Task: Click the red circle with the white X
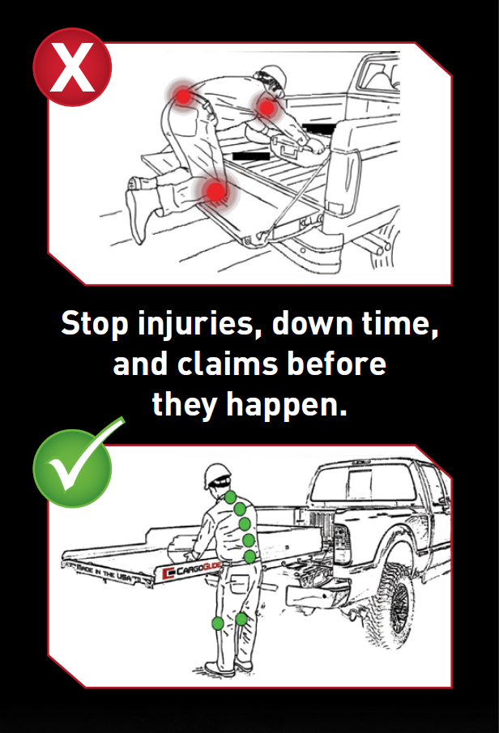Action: click(72, 67)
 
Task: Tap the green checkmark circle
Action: click(72, 468)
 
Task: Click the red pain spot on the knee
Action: click(215, 190)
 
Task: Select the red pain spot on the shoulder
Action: click(267, 108)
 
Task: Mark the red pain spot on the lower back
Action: click(184, 96)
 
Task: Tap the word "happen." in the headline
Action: click(287, 405)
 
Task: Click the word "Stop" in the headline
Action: click(95, 323)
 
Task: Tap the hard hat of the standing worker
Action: click(216, 475)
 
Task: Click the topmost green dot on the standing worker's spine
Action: click(230, 497)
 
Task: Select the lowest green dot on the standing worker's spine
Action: click(250, 556)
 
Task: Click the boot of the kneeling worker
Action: click(138, 209)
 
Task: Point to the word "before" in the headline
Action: click(336, 364)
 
